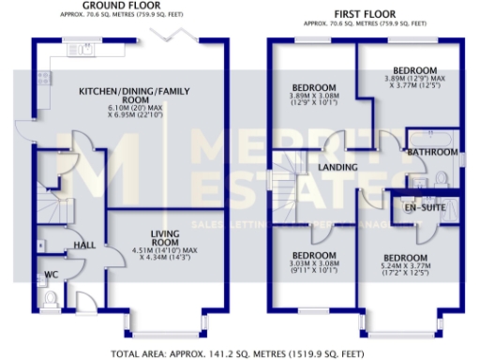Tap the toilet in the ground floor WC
click(x=52, y=297)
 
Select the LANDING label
click(x=337, y=166)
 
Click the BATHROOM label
click(x=429, y=150)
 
